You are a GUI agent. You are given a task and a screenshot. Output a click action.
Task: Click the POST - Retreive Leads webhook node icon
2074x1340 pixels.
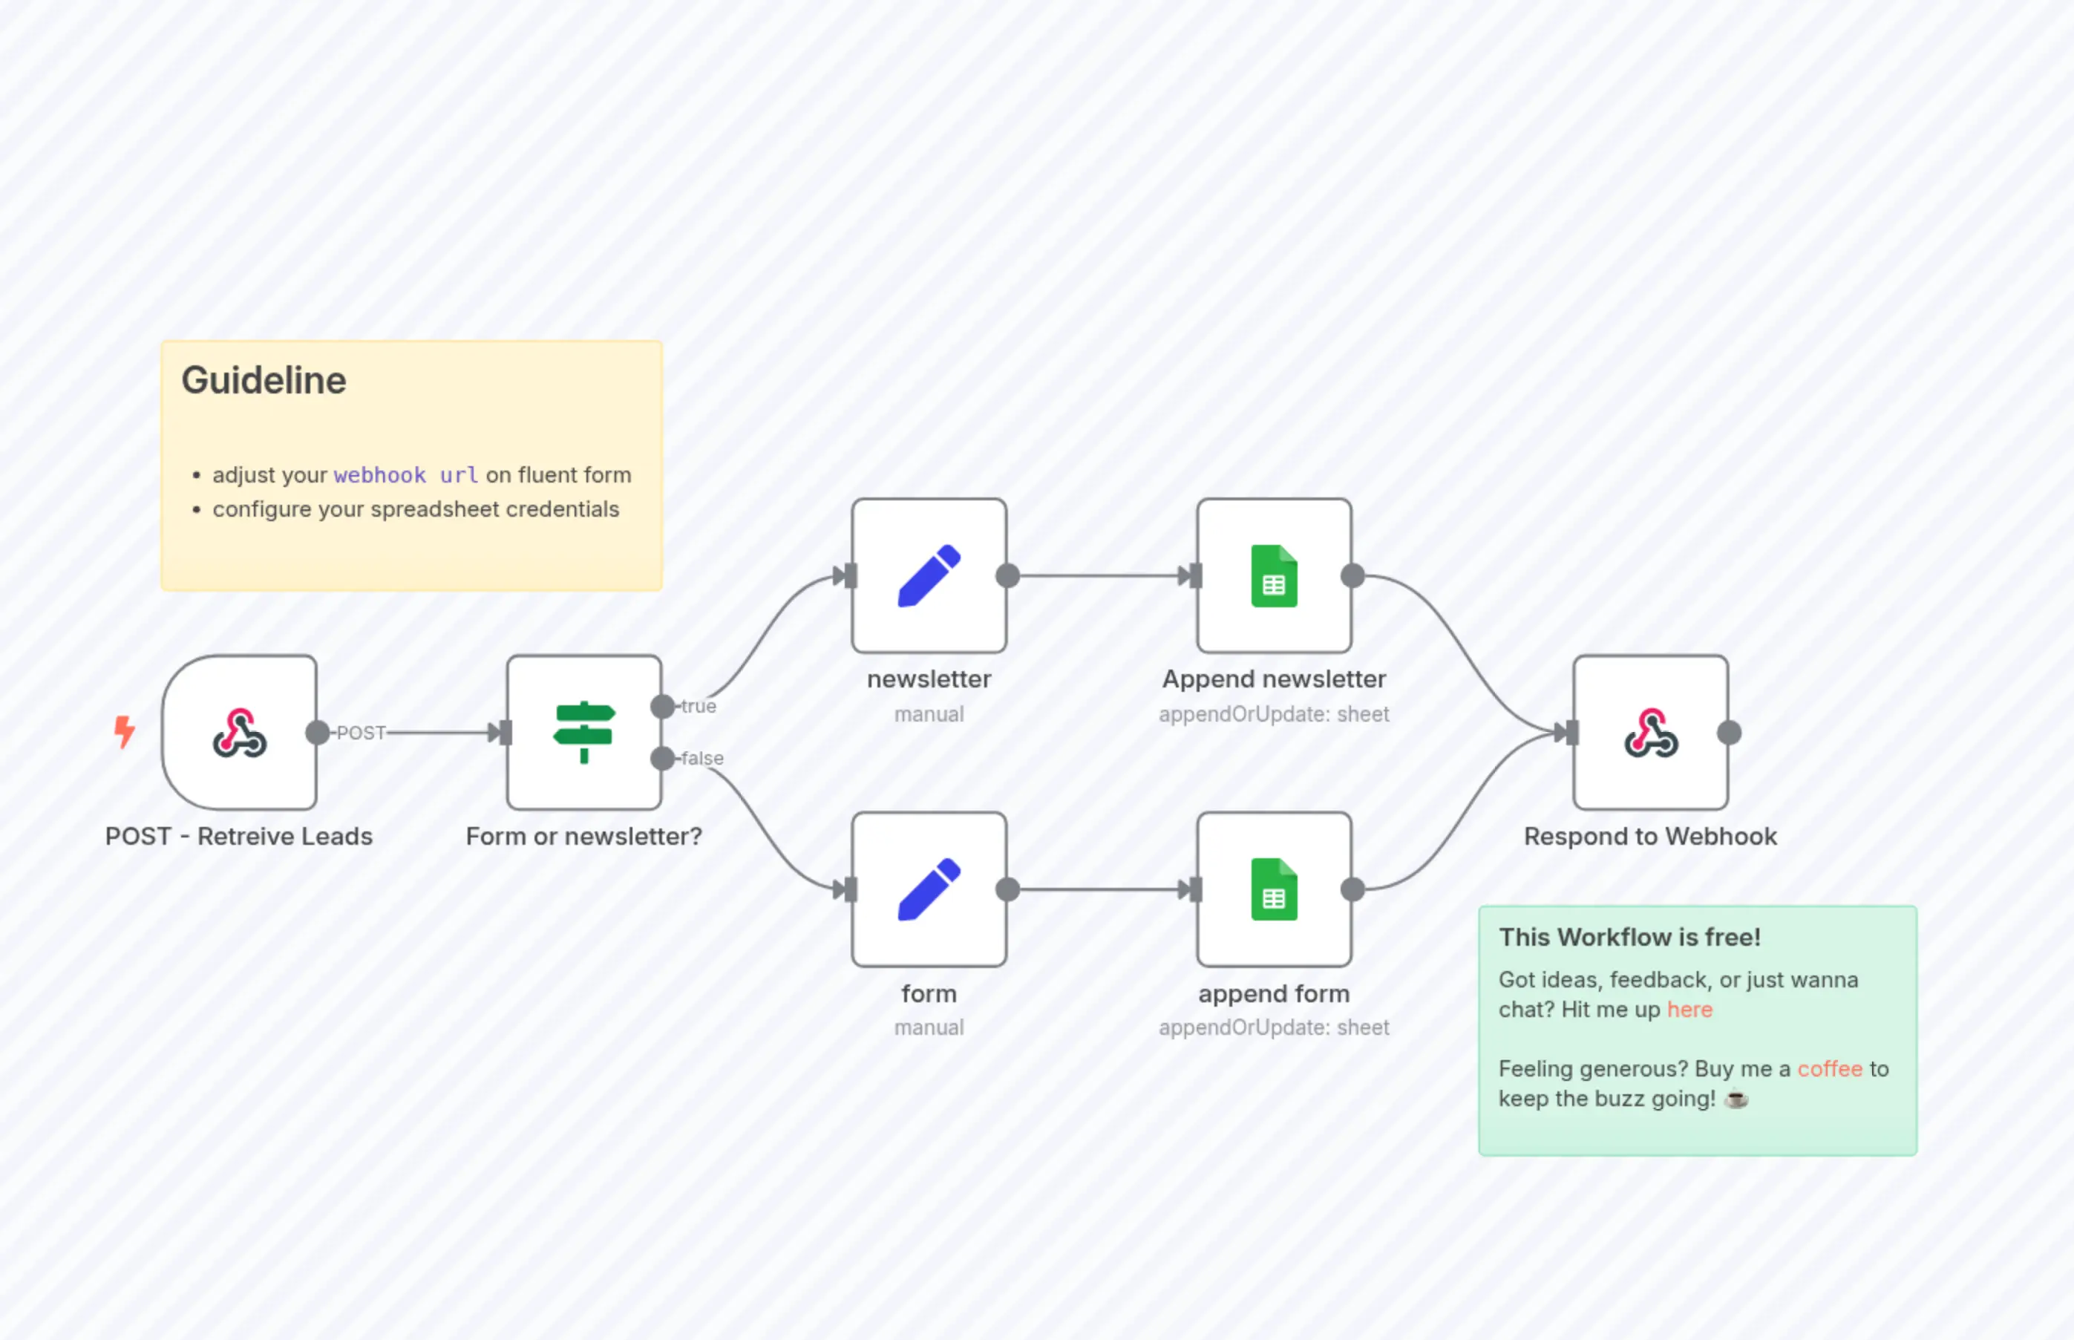pyautogui.click(x=239, y=733)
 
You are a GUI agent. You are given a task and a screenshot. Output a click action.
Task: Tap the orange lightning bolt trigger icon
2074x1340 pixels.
pyautogui.click(x=125, y=731)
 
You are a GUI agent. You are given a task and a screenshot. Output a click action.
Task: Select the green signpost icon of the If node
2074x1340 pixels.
pyautogui.click(x=583, y=733)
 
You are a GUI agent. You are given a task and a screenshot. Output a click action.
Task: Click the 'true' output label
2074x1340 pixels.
pyautogui.click(x=699, y=707)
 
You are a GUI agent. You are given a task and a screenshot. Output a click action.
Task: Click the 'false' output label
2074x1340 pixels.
pyautogui.click(x=701, y=759)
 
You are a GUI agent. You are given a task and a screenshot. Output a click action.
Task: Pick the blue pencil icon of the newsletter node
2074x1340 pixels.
pyautogui.click(x=929, y=575)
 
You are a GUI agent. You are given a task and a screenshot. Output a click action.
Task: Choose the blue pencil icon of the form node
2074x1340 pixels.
pyautogui.click(x=929, y=889)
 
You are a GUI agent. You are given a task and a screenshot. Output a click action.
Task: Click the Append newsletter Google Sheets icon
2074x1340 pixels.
pyautogui.click(x=1274, y=575)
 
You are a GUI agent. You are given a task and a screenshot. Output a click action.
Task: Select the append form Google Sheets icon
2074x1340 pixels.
pyautogui.click(x=1274, y=889)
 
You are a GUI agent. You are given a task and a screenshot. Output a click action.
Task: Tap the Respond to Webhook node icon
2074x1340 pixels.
pyautogui.click(x=1650, y=733)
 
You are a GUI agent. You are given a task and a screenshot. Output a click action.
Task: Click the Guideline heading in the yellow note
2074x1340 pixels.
pyautogui.click(x=264, y=380)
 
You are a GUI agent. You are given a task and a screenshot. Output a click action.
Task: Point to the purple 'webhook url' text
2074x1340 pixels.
pyautogui.click(x=405, y=475)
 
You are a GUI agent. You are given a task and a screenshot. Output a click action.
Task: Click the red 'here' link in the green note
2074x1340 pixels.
pyautogui.click(x=1689, y=1010)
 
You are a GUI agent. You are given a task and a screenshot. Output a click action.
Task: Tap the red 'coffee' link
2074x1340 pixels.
pyautogui.click(x=1830, y=1068)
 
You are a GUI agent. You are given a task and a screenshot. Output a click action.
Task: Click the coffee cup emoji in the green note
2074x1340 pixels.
pyautogui.click(x=1736, y=1099)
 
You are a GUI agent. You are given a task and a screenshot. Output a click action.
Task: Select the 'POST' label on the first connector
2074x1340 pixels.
pyautogui.click(x=361, y=733)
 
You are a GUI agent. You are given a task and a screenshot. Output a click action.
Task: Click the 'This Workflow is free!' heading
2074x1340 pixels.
pyautogui.click(x=1629, y=937)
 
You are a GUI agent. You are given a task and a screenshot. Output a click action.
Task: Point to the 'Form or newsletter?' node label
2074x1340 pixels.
pyautogui.click(x=583, y=836)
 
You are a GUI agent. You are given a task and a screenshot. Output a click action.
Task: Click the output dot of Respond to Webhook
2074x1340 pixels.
pyautogui.click(x=1730, y=733)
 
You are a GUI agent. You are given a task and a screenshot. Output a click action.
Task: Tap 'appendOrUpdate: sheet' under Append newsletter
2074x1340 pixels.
pyautogui.click(x=1274, y=714)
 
